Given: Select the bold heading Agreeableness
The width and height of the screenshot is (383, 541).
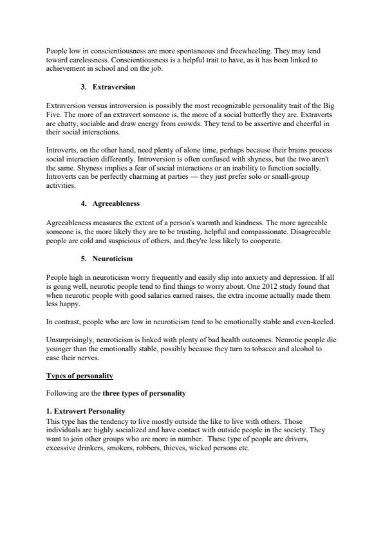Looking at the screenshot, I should (116, 203).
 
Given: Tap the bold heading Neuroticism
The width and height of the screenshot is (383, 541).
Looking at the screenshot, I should (113, 259).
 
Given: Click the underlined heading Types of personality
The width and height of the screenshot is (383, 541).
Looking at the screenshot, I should (80, 376).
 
